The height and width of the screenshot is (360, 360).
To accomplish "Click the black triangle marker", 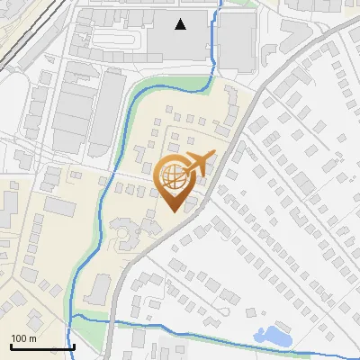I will pos(182,24).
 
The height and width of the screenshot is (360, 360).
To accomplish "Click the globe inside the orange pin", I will pos(175,175).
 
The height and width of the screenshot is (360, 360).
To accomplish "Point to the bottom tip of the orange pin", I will pos(175,211).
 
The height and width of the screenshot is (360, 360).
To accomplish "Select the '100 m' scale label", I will pos(23,338).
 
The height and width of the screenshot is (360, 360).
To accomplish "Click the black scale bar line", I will pos(42,346).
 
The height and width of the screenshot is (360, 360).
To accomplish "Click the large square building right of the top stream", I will pos(237,40).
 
